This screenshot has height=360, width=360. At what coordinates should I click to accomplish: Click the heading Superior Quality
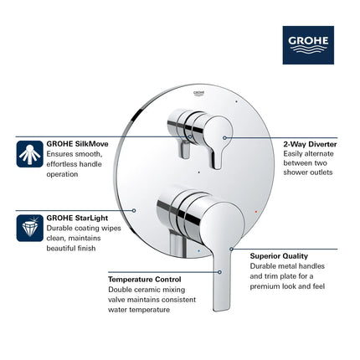click(279, 255)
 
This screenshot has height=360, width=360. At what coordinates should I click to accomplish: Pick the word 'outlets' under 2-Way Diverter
click(317, 172)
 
